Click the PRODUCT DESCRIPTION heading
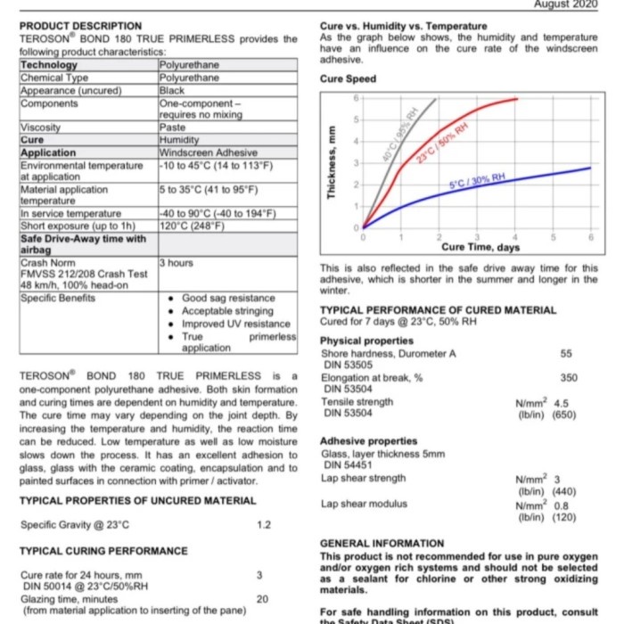tap(80, 26)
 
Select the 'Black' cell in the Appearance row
tap(171, 90)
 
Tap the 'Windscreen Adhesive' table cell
tap(204, 153)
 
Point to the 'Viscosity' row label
tap(40, 127)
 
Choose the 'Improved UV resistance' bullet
tap(236, 324)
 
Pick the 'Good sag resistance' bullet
tap(228, 299)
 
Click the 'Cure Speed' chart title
tap(348, 79)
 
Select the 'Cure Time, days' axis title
tap(482, 247)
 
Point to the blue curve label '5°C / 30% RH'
tap(477, 181)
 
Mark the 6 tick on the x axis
tap(591, 237)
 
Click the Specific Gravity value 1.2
tap(263, 524)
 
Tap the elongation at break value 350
tap(569, 378)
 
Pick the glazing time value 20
tap(262, 599)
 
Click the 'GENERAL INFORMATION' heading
tap(382, 543)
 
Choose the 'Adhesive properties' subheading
tap(368, 441)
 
